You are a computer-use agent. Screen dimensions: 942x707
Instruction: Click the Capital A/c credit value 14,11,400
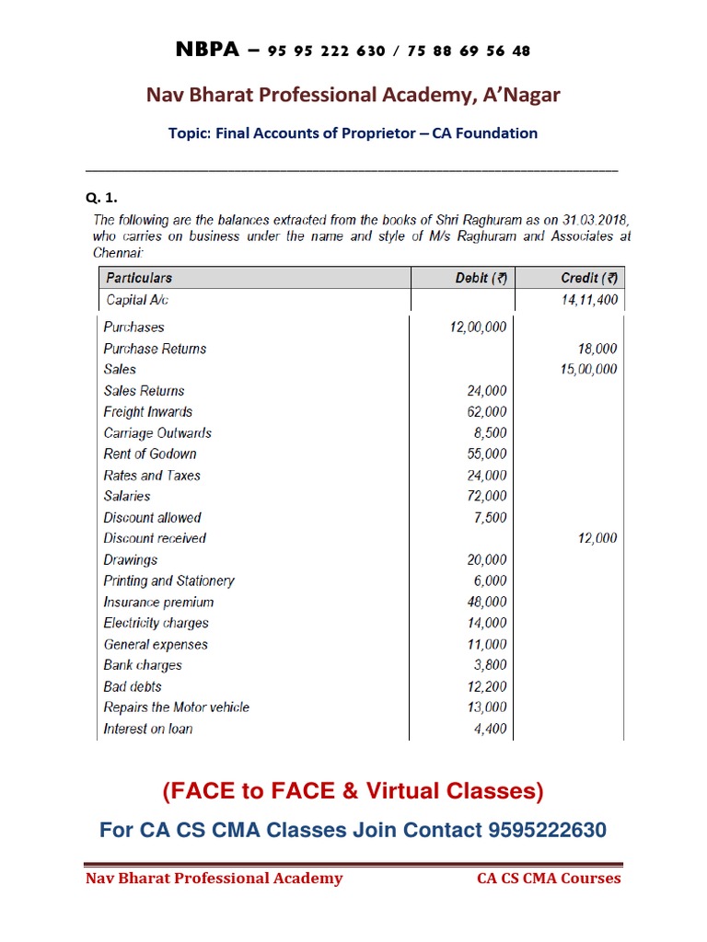coord(589,300)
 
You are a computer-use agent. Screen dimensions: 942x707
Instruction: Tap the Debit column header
coord(482,278)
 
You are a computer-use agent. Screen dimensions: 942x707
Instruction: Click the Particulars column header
coord(139,278)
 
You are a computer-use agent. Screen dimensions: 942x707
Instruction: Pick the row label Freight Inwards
coord(148,412)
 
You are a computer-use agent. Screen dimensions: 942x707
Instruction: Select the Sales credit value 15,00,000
coord(588,370)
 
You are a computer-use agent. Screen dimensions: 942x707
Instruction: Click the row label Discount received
coord(155,538)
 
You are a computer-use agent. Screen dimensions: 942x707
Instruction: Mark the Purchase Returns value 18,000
coord(598,349)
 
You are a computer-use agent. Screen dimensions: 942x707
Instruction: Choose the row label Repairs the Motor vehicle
coord(177,707)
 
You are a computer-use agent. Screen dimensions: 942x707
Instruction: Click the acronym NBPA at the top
coord(207,50)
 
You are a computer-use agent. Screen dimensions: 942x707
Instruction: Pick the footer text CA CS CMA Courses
coord(549,879)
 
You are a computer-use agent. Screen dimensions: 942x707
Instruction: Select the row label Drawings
coord(131,560)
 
